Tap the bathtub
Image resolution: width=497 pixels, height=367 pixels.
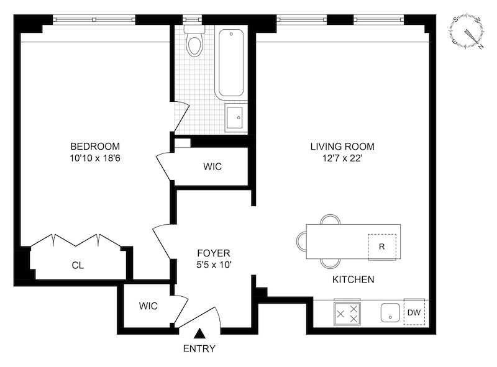[x=231, y=63]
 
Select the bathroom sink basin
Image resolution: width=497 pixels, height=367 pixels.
[x=235, y=117]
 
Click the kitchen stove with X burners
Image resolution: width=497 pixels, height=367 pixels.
[x=347, y=314]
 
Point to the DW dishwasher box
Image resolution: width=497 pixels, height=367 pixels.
[x=414, y=312]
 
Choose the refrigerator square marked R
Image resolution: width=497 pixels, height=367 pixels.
[x=382, y=247]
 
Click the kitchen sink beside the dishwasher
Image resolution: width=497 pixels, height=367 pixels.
[x=390, y=312]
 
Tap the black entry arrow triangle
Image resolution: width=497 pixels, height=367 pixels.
[x=199, y=333]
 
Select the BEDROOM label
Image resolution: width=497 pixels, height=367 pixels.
[x=95, y=147]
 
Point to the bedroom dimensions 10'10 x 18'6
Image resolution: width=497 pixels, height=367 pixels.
[x=95, y=158]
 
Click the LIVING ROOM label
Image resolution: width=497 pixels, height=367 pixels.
[x=342, y=147]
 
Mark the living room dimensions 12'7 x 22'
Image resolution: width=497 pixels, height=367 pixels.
[x=342, y=158]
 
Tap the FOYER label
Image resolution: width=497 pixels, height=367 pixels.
[x=214, y=253]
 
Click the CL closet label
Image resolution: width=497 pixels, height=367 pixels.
[x=78, y=265]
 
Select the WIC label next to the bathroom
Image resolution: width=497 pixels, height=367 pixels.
[x=212, y=166]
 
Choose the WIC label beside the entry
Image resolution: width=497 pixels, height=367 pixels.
[x=148, y=306]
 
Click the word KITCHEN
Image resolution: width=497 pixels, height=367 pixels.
[x=353, y=279]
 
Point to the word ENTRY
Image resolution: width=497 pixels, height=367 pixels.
[x=199, y=348]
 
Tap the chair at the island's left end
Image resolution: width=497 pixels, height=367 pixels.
[x=301, y=242]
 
